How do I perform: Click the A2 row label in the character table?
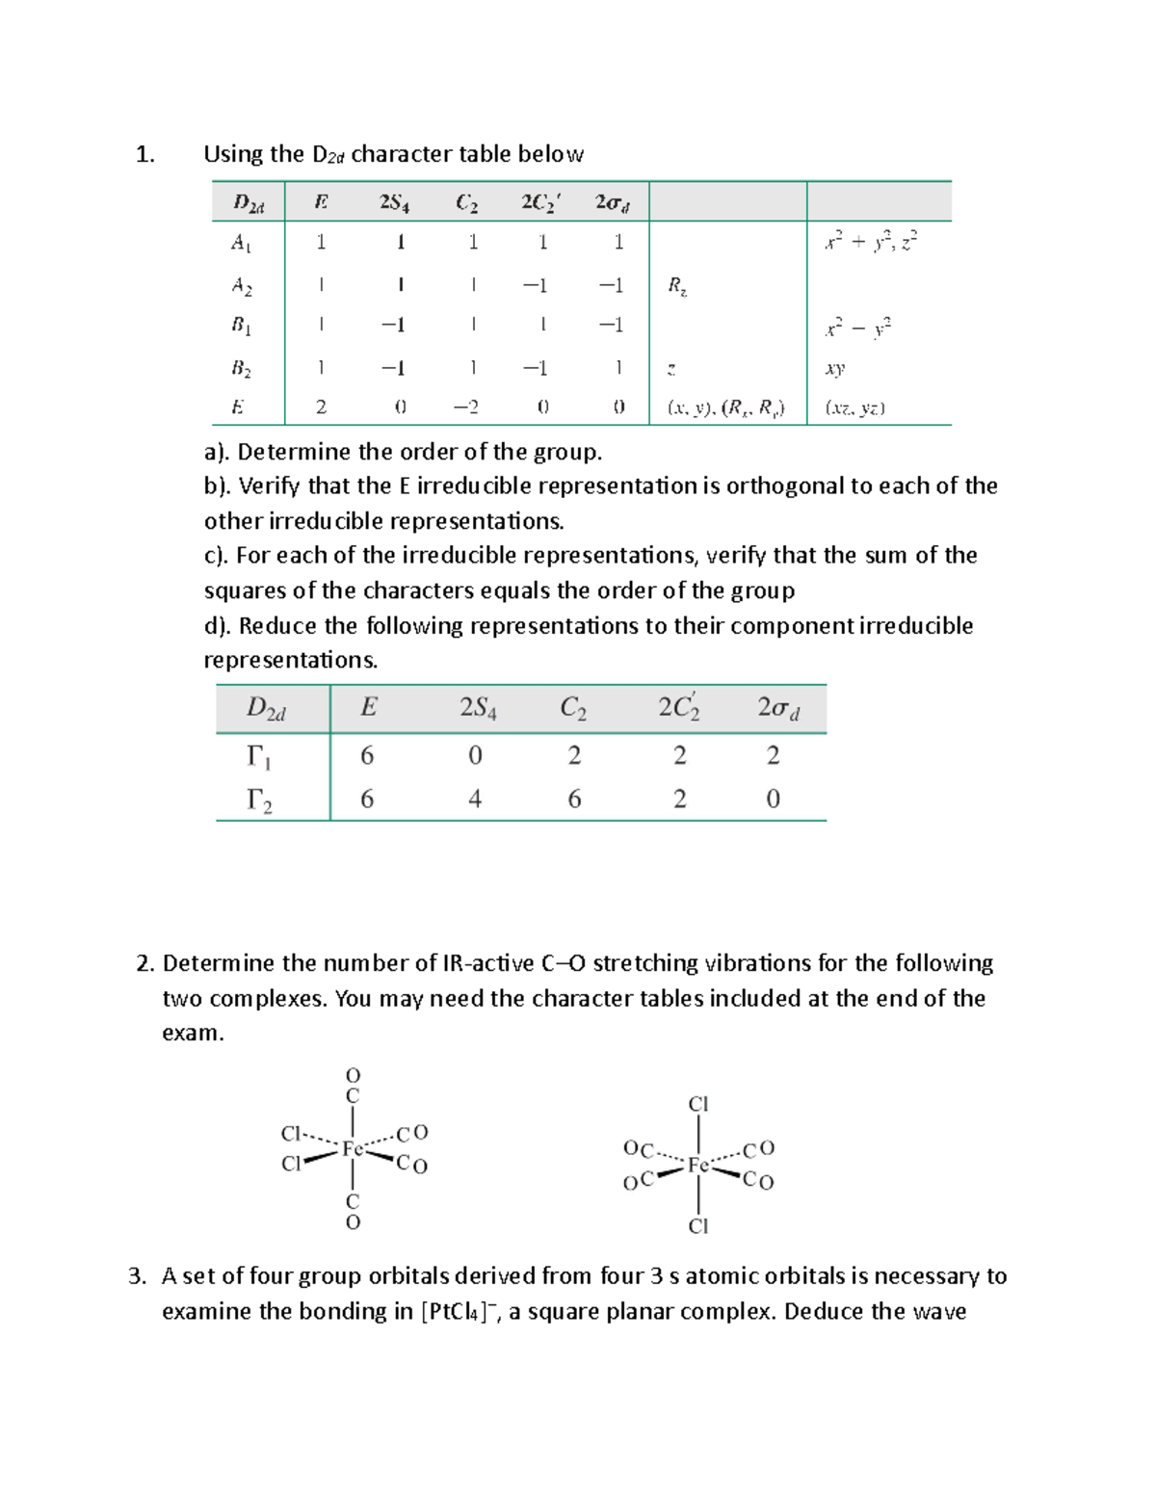[x=242, y=285]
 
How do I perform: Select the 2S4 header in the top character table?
[x=394, y=202]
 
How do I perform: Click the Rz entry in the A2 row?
[x=677, y=285]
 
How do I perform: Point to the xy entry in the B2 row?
[x=835, y=368]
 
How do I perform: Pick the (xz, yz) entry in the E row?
[x=855, y=407]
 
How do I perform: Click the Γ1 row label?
[x=259, y=757]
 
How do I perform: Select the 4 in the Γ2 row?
[x=475, y=799]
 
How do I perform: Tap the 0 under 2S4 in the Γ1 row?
[x=475, y=756]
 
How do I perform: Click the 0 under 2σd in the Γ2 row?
[x=773, y=799]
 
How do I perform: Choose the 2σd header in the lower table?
[x=778, y=708]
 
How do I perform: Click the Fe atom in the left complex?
[x=353, y=1148]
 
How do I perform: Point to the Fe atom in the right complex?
[x=698, y=1166]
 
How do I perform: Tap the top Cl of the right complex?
[x=698, y=1104]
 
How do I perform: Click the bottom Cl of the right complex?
[x=698, y=1226]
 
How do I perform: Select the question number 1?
[x=144, y=154]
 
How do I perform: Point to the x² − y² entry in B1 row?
[x=858, y=328]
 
